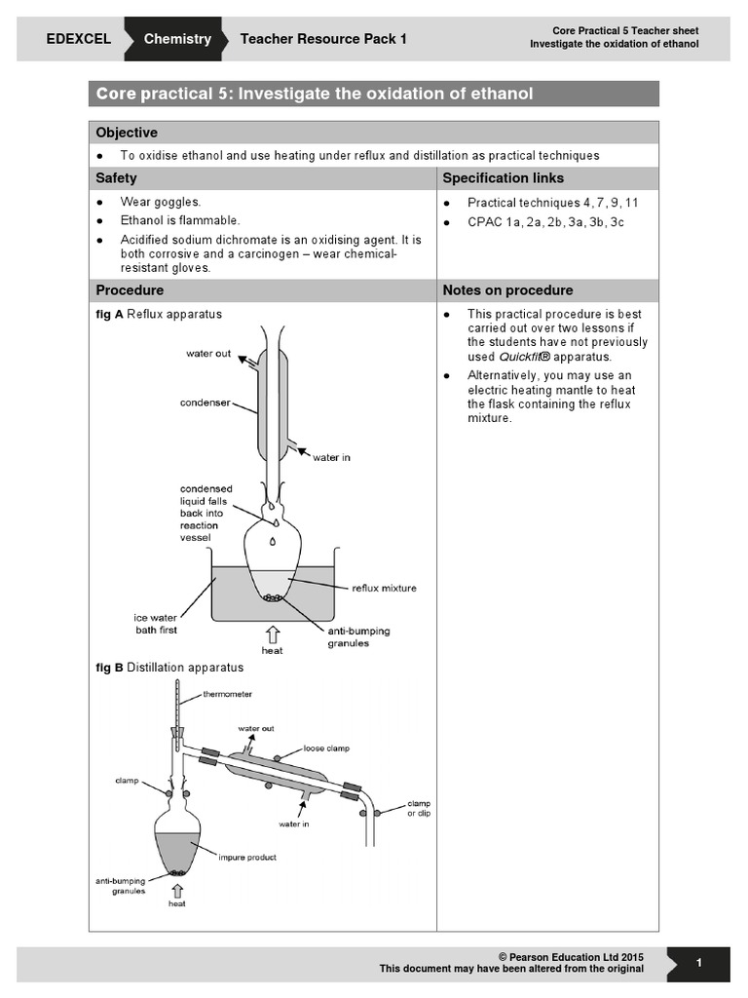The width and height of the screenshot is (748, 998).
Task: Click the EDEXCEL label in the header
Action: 79,39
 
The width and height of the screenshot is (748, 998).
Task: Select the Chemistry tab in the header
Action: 177,39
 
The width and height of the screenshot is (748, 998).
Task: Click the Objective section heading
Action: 127,133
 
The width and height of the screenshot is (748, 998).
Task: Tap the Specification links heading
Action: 503,178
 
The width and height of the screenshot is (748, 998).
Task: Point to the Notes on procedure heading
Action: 507,290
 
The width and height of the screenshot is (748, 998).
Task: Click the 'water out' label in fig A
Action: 208,354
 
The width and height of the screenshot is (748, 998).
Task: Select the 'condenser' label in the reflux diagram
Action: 204,402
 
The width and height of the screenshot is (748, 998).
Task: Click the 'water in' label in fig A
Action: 331,457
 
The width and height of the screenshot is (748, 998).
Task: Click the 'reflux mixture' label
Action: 383,588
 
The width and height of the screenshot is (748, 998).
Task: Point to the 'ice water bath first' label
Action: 160,624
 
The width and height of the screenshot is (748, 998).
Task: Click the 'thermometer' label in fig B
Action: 227,694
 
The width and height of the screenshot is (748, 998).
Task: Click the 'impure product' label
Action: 247,858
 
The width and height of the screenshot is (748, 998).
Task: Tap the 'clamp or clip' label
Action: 419,808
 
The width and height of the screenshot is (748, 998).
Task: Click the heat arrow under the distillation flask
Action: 176,890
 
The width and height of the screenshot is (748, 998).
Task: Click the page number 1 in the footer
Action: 699,963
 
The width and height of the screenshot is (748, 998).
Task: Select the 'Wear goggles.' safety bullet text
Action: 161,203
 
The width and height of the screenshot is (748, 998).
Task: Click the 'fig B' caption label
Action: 109,668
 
